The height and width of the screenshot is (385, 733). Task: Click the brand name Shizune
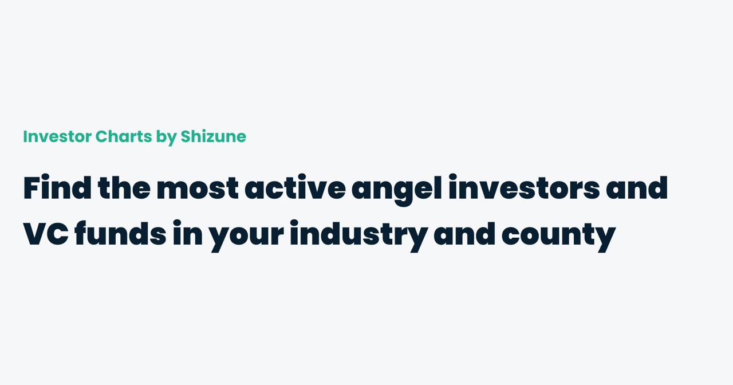tap(213, 136)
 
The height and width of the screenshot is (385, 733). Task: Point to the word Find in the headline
tap(57, 188)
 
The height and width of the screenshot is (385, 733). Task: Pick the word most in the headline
tap(198, 188)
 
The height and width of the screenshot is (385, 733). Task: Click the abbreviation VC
tap(46, 234)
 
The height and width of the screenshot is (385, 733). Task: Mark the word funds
tap(120, 234)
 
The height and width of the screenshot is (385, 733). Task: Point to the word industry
tap(358, 234)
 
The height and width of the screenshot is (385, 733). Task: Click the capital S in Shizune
tap(186, 136)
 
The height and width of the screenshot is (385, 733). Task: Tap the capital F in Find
tap(30, 188)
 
